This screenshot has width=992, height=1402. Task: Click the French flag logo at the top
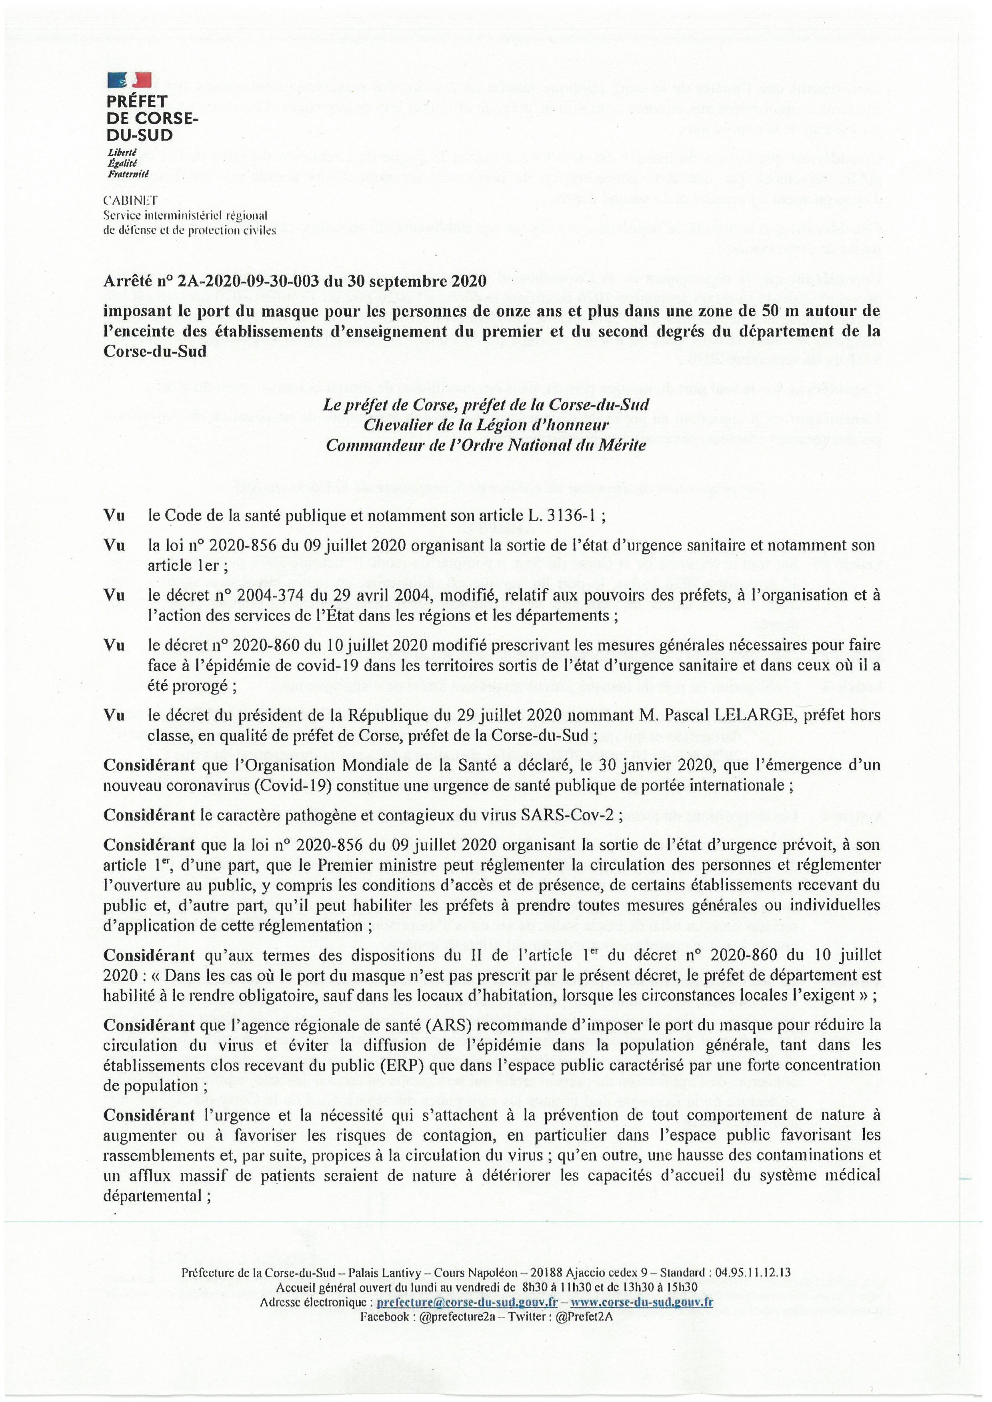(x=129, y=79)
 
